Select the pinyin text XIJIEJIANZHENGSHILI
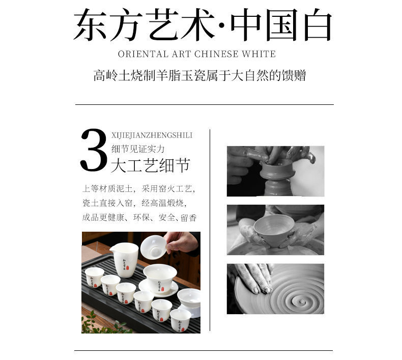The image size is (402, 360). (152, 135)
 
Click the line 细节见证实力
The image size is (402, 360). (138, 149)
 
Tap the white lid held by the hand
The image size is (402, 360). (153, 246)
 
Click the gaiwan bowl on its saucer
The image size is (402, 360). (159, 278)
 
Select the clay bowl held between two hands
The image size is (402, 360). (274, 229)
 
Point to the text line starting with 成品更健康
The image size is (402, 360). (139, 217)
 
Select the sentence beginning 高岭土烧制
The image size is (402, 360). (199, 76)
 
